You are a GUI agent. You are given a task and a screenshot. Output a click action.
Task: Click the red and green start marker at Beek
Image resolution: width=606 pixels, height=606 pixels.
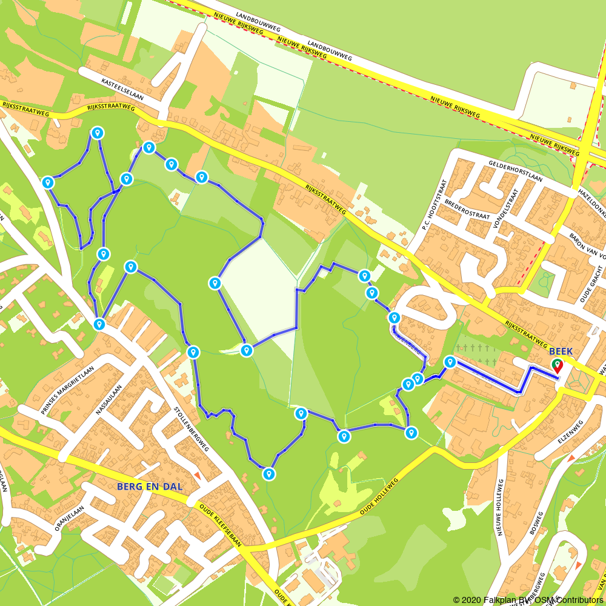pyautogui.click(x=556, y=365)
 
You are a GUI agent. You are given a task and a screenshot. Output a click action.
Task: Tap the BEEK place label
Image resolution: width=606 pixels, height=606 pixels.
pyautogui.click(x=561, y=351)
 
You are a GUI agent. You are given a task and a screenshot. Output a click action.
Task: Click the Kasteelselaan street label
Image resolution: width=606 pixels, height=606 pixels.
pyautogui.click(x=121, y=90)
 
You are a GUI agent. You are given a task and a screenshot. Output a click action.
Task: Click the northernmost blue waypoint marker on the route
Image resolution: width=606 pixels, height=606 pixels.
pyautogui.click(x=97, y=133)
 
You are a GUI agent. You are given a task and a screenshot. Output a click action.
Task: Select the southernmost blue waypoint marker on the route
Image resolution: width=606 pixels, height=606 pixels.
pyautogui.click(x=269, y=474)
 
